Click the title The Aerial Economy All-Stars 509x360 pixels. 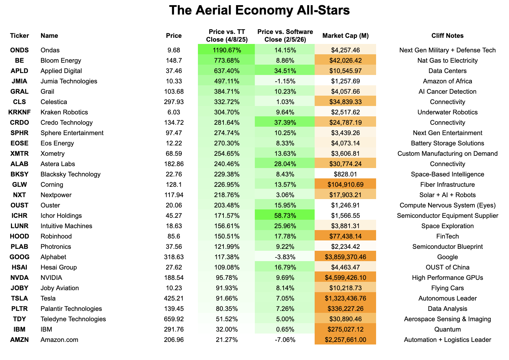click(259, 10)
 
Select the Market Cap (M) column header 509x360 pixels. click(345, 36)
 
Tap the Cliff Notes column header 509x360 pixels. click(447, 36)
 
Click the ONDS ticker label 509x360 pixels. click(19, 50)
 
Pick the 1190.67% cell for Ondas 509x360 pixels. click(226, 50)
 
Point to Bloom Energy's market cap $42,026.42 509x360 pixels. click(345, 60)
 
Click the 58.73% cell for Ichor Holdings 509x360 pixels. click(285, 216)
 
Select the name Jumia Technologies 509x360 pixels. click(69, 81)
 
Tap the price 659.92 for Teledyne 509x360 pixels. click(174, 319)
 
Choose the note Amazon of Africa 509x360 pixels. click(447, 81)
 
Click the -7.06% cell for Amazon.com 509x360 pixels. click(285, 340)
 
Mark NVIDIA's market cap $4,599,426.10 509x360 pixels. click(345, 278)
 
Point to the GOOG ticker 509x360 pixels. click(19, 257)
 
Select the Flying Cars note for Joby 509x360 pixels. click(447, 288)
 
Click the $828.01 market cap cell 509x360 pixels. click(345, 174)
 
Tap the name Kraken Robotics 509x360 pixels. click(64, 112)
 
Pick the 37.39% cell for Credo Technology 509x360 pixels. click(285, 122)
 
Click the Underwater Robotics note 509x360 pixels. click(447, 112)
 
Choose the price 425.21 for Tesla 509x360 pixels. click(174, 298)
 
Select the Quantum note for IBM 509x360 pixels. click(447, 329)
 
